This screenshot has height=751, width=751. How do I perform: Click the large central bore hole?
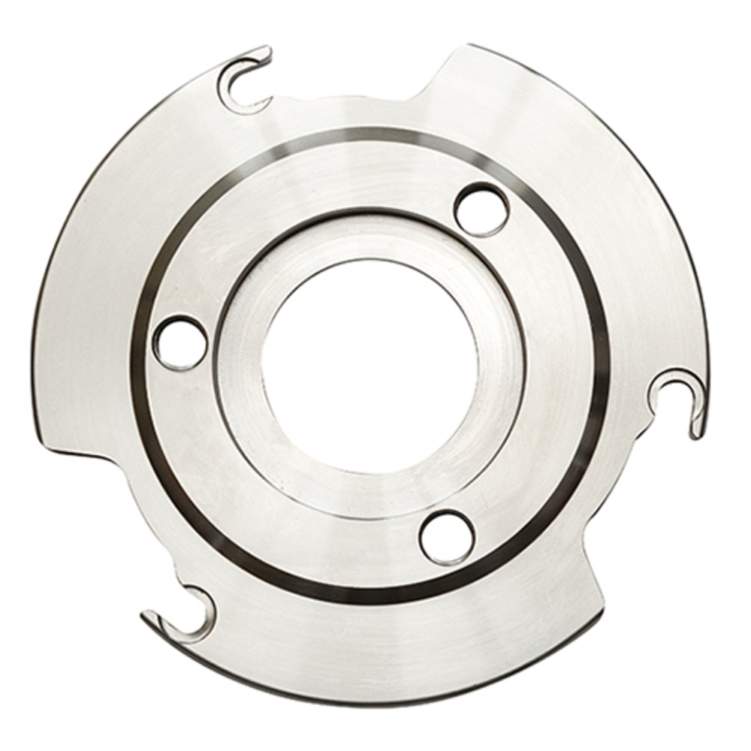tap(370, 366)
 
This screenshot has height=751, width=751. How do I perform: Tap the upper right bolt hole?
tap(482, 210)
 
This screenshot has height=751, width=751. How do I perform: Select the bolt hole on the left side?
tap(179, 343)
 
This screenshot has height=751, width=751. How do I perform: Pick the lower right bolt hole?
tap(447, 537)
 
